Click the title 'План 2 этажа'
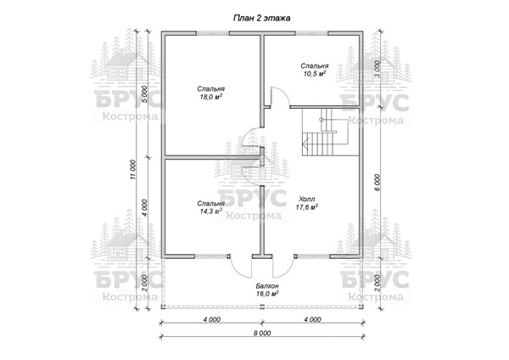click(x=261, y=18)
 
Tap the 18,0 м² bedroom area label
click(x=211, y=93)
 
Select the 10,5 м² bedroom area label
click(x=315, y=70)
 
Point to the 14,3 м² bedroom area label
click(x=211, y=207)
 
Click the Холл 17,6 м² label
click(x=307, y=203)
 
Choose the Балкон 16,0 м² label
click(x=267, y=290)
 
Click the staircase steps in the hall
click(x=319, y=143)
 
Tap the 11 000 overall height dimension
click(x=133, y=170)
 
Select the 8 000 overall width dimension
click(x=262, y=333)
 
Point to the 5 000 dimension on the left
click(x=145, y=94)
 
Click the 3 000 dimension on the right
click(x=377, y=70)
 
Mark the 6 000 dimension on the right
click(x=377, y=183)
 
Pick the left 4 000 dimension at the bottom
click(x=211, y=320)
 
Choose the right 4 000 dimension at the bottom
click(x=312, y=320)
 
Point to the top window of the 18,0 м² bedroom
click(x=213, y=33)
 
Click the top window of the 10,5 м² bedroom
click(x=311, y=33)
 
